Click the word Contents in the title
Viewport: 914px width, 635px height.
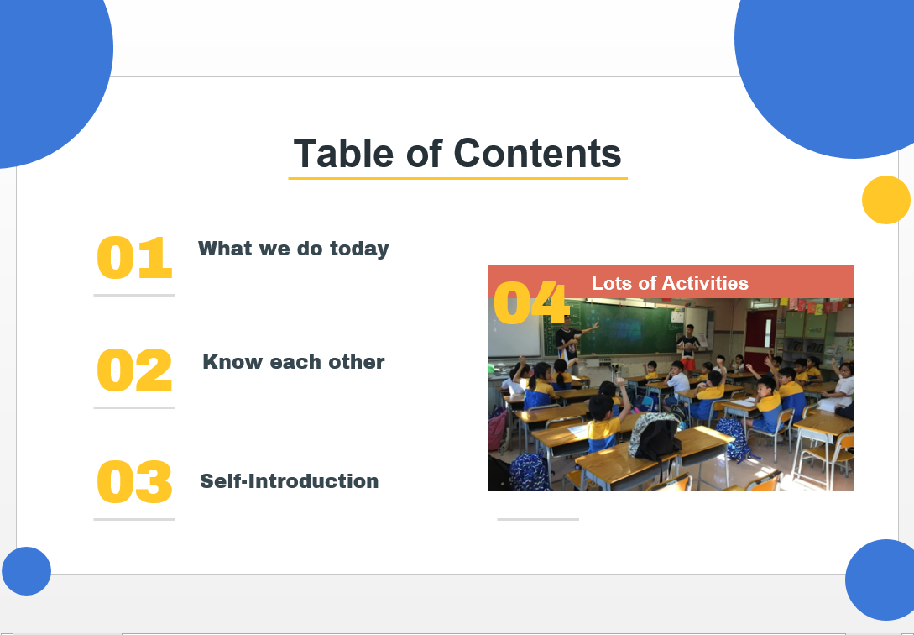pos(537,154)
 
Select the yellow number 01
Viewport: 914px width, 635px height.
pos(134,258)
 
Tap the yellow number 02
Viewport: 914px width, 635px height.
pos(134,370)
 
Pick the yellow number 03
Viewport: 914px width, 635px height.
pos(134,481)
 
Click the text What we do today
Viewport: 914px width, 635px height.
pos(293,249)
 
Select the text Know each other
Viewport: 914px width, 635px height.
pos(293,362)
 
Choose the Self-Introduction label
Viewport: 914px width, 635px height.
pos(289,481)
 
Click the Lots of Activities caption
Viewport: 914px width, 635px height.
pos(670,283)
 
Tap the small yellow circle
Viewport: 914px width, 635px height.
pos(886,200)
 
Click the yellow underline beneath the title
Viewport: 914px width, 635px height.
pos(457,178)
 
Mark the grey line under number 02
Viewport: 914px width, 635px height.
pos(134,407)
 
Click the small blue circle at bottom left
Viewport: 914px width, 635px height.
pos(26,571)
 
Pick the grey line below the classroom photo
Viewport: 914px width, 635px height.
pos(538,519)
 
